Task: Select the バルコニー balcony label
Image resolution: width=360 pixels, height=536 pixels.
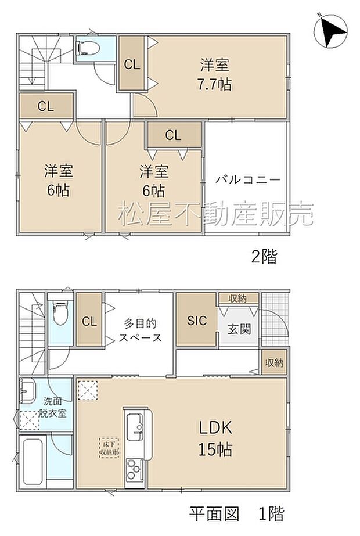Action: tap(248, 179)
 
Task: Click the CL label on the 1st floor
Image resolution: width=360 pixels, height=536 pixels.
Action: tap(89, 321)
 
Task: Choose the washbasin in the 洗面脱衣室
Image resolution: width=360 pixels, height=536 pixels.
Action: tap(28, 390)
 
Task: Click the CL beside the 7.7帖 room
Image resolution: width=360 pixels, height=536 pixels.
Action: tap(132, 64)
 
